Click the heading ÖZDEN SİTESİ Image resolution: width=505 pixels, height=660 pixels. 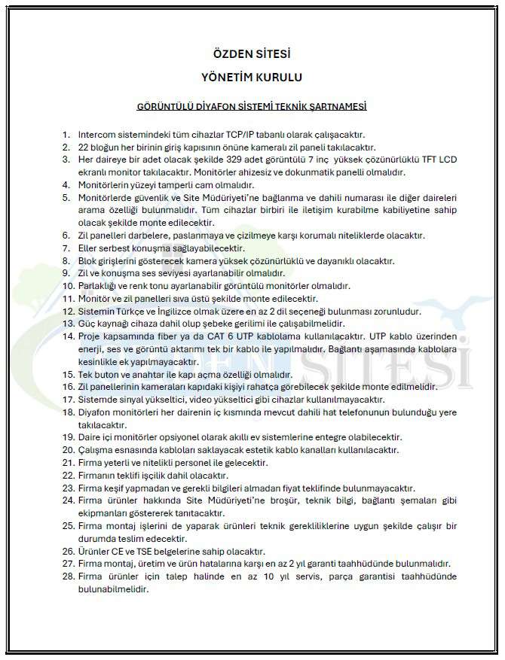point(252,54)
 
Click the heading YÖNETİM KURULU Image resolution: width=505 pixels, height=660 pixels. point(252,77)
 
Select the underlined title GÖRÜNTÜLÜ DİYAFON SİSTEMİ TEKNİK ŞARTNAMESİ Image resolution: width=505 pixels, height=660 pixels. point(252,107)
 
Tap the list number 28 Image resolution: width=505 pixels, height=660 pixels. point(67,576)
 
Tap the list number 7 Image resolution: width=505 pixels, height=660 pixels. point(69,248)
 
